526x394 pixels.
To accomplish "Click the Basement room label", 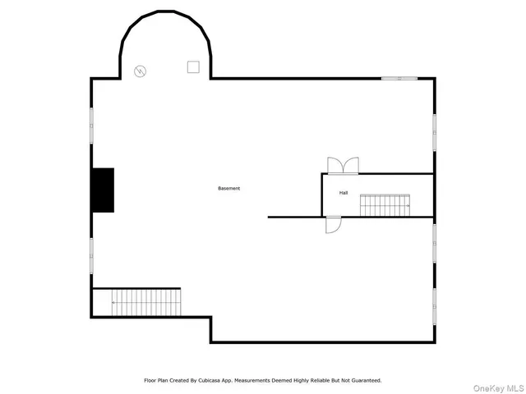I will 229,189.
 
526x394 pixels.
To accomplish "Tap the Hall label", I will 344,193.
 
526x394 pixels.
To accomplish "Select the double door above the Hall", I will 343,166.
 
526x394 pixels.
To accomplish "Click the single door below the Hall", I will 333,224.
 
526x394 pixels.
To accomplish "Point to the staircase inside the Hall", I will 385,205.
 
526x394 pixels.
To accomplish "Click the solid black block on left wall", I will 103,190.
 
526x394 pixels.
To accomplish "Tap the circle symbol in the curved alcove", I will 141,71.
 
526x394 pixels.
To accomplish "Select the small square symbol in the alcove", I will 193,66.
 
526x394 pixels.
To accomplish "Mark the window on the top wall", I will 399,78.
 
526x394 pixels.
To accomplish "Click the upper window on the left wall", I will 91,127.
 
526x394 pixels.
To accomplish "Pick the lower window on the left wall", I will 91,254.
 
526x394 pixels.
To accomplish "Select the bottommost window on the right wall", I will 434,305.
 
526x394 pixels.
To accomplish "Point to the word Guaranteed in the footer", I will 363,380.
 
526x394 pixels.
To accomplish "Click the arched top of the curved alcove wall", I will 165,15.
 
